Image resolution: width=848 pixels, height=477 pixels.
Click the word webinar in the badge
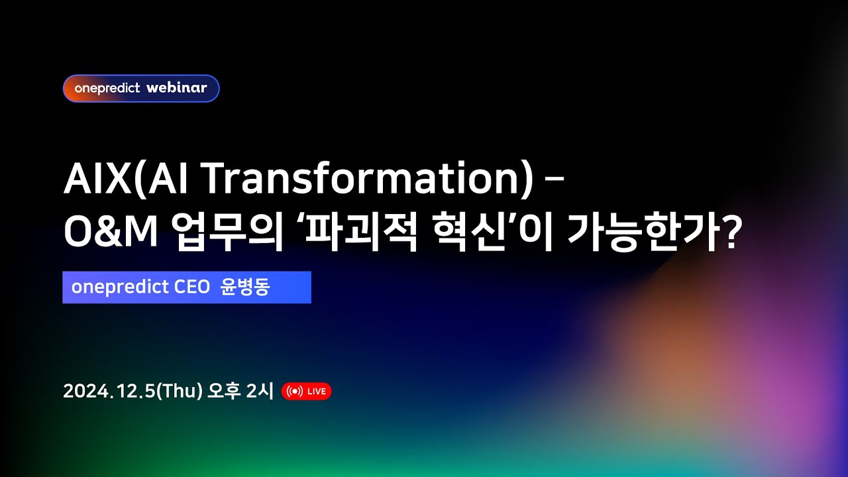click(x=176, y=88)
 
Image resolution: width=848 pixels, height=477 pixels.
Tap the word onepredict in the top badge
click(x=107, y=88)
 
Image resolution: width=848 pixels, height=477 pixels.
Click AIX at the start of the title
click(x=97, y=180)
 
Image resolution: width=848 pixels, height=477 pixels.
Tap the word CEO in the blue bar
click(x=191, y=288)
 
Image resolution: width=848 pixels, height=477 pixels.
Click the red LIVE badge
click(x=306, y=392)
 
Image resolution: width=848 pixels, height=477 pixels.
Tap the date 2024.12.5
click(x=108, y=392)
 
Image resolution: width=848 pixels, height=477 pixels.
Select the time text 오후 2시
click(x=240, y=392)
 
